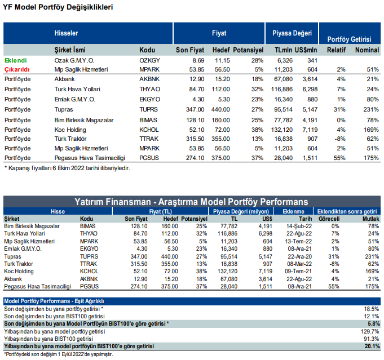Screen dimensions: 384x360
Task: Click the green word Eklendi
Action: click(x=16, y=60)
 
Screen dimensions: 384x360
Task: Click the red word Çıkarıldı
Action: click(x=17, y=69)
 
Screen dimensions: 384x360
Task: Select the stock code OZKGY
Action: click(x=149, y=60)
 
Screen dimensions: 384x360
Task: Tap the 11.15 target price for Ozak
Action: click(x=222, y=60)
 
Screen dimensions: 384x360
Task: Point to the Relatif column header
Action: click(x=336, y=50)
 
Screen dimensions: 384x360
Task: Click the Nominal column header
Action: click(x=367, y=50)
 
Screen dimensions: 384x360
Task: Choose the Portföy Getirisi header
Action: click(x=349, y=39)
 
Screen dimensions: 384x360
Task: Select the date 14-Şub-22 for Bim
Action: click(x=299, y=226)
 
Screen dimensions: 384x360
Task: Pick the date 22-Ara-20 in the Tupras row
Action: click(x=299, y=256)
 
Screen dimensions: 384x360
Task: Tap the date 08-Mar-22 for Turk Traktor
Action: click(x=299, y=264)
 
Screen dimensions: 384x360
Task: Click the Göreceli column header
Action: click(x=329, y=219)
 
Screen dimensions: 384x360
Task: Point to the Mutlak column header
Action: click(x=371, y=219)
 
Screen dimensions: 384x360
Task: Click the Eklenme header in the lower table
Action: click(x=293, y=211)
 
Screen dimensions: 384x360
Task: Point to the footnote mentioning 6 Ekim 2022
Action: click(x=67, y=168)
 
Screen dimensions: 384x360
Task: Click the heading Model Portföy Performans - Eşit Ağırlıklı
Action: click(x=54, y=301)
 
